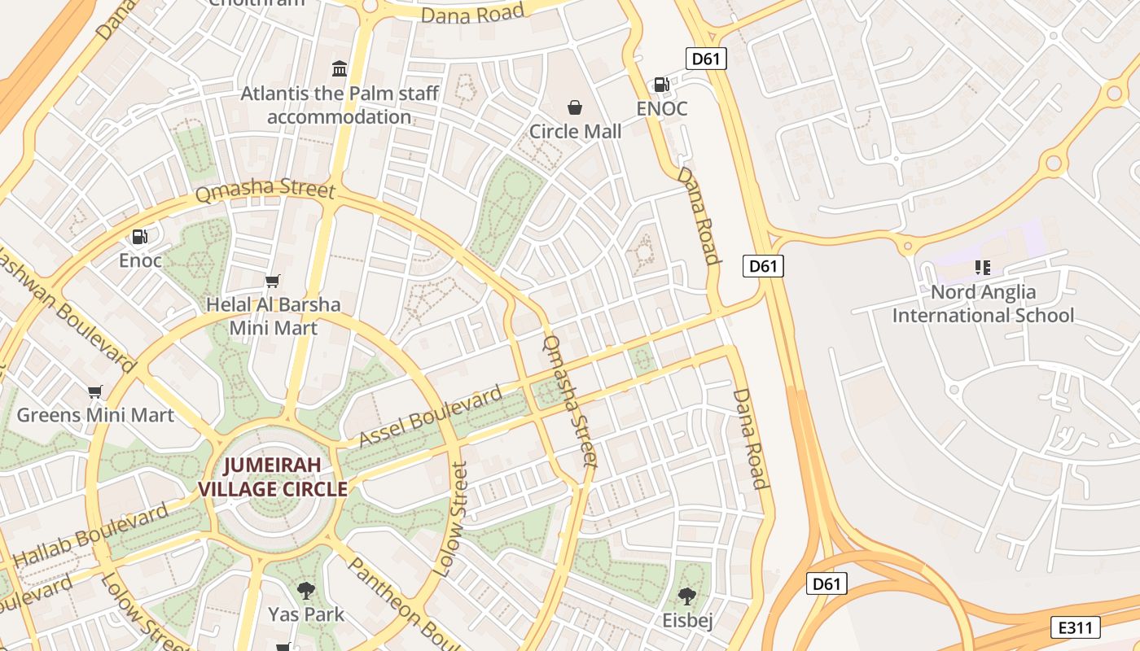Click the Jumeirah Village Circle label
(x=274, y=477)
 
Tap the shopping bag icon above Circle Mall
(x=575, y=107)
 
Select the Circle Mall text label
(x=575, y=131)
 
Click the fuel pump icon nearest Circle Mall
(x=661, y=85)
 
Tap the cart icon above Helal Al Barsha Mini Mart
(x=273, y=282)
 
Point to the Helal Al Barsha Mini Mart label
(x=274, y=317)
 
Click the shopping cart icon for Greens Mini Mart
(x=95, y=391)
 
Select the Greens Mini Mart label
(x=95, y=415)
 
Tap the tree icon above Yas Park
(x=306, y=591)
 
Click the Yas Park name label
(x=306, y=614)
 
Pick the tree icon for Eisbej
(x=687, y=596)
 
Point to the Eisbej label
(x=687, y=621)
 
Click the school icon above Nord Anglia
(x=983, y=268)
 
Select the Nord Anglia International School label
(x=983, y=304)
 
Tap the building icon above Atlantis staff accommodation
(x=340, y=68)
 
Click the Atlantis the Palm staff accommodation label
(x=340, y=105)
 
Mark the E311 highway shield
(x=1076, y=627)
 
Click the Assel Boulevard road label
(x=431, y=417)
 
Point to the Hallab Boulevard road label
(x=91, y=536)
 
